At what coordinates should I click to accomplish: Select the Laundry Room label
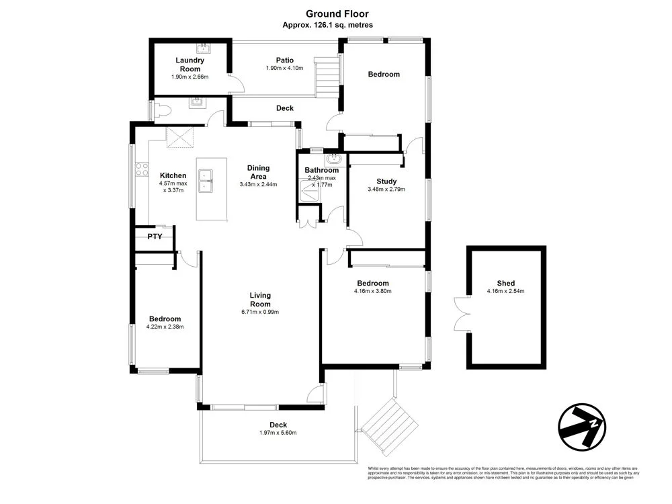(190, 65)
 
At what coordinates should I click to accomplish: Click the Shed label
(505, 284)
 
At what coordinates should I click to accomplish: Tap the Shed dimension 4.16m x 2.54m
(505, 292)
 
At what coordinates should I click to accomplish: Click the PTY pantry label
(155, 237)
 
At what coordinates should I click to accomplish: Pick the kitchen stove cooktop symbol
(142, 169)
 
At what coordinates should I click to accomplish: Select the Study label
(386, 181)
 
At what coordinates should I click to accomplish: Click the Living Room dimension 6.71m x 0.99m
(259, 312)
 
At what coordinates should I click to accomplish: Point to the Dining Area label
(258, 172)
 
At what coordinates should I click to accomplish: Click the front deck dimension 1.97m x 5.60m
(278, 433)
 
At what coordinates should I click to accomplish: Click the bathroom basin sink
(333, 160)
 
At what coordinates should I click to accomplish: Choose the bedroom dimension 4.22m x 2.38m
(165, 327)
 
